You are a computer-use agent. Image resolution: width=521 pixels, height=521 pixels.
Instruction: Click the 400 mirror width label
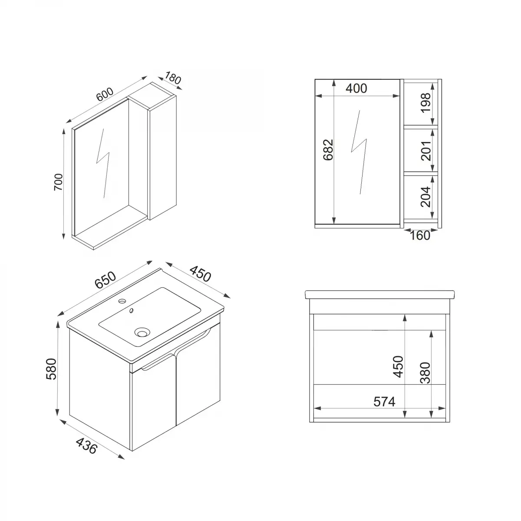click(356, 88)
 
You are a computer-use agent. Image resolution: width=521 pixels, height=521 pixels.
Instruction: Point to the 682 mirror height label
click(328, 149)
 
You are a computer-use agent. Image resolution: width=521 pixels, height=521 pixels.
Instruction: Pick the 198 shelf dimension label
click(426, 102)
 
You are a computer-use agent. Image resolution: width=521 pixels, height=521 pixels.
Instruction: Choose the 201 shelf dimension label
click(426, 150)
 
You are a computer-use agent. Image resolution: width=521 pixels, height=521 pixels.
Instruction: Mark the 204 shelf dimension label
click(426, 196)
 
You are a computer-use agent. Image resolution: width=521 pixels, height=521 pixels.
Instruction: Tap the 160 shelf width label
click(420, 235)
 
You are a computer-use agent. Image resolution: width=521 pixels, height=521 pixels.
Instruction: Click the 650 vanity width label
click(106, 280)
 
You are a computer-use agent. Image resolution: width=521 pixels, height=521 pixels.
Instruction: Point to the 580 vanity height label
click(51, 369)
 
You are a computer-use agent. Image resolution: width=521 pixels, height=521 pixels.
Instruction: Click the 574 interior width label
click(385, 402)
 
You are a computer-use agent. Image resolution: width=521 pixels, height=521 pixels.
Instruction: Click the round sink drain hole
click(142, 333)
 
